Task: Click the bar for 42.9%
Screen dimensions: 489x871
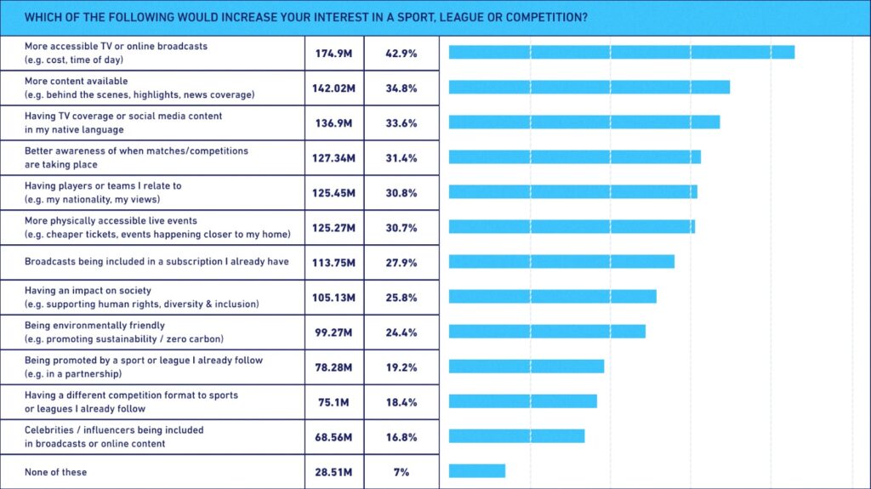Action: (621, 52)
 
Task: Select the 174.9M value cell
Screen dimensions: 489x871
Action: (334, 53)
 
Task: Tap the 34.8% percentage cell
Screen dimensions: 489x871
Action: (401, 88)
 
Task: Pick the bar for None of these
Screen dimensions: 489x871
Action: (476, 471)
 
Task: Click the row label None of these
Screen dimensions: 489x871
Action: (56, 472)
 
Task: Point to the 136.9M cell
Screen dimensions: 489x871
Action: (334, 122)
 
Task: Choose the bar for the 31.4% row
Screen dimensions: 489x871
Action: (574, 156)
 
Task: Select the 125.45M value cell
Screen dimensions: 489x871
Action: (334, 193)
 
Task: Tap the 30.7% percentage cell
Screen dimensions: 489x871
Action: (401, 228)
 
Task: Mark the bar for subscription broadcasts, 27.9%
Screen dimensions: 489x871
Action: (561, 261)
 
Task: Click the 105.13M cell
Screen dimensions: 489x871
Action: (334, 298)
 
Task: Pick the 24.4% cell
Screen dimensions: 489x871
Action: (401, 333)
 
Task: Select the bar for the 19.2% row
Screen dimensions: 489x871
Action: (526, 366)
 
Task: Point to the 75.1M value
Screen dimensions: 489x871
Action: (334, 402)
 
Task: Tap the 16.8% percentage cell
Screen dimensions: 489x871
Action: (401, 437)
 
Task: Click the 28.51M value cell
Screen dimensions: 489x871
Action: (334, 472)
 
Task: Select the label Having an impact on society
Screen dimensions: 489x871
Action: (88, 291)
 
